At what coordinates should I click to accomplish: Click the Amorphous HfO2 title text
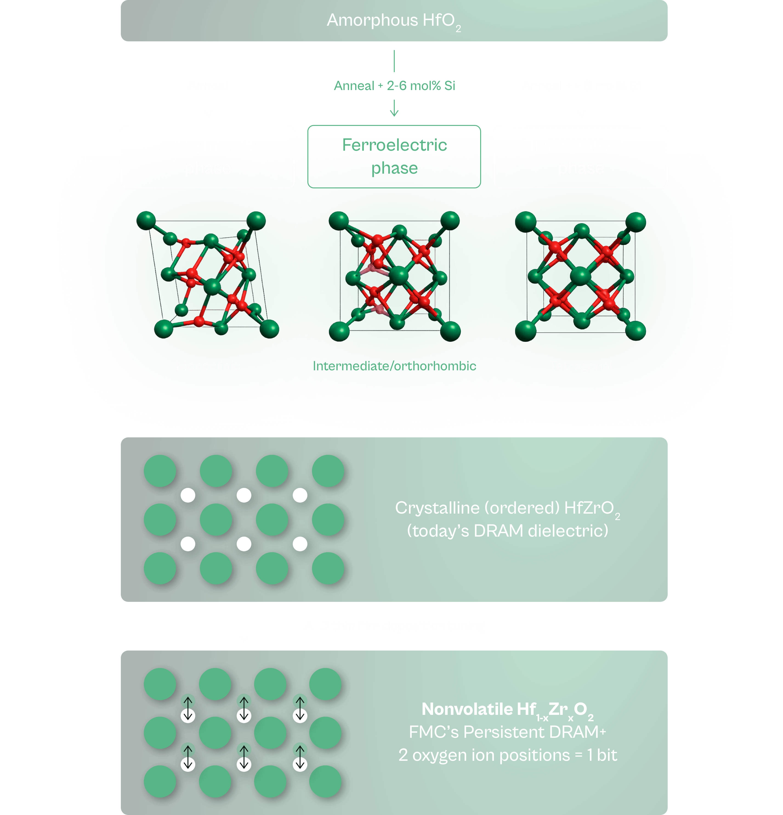393,20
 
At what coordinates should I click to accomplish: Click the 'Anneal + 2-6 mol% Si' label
394,86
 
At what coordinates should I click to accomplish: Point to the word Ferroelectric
394,145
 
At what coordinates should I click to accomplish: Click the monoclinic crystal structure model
208,275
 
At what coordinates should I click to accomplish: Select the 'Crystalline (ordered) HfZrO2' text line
507,508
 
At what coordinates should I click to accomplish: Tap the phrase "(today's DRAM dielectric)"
507,531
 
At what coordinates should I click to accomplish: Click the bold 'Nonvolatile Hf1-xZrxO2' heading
507,709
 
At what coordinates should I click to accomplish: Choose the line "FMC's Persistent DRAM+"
507,732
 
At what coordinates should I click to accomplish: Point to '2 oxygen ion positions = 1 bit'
507,755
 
